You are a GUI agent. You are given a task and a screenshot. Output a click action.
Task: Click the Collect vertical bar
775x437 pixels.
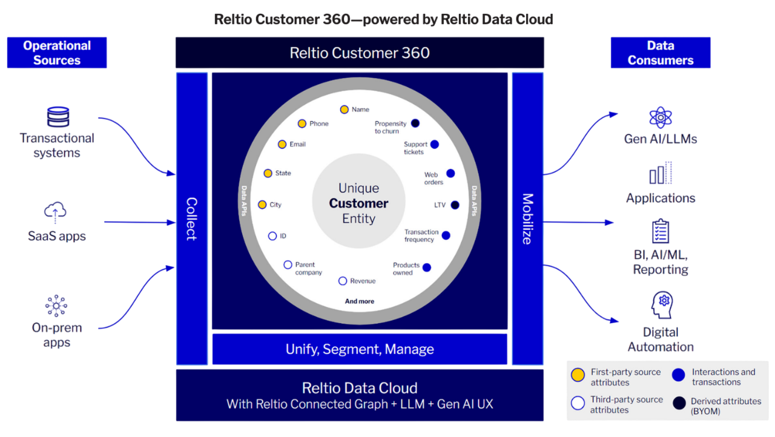pyautogui.click(x=191, y=218)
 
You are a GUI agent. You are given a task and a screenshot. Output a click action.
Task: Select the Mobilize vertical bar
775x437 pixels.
pyautogui.click(x=527, y=218)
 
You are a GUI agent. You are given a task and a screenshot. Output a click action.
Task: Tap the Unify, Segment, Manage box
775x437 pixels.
pyautogui.click(x=360, y=349)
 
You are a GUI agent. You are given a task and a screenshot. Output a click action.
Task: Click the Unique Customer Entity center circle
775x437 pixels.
pyautogui.click(x=359, y=203)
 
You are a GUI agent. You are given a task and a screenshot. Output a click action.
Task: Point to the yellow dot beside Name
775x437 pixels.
pyautogui.click(x=344, y=110)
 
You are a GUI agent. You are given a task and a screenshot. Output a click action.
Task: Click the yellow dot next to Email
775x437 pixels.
pyautogui.click(x=282, y=144)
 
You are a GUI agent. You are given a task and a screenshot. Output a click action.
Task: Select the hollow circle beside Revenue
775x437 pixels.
pyautogui.click(x=343, y=281)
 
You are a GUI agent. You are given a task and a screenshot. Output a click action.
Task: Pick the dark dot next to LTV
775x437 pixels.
pyautogui.click(x=455, y=205)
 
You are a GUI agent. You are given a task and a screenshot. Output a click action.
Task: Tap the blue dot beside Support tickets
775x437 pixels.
pyautogui.click(x=434, y=145)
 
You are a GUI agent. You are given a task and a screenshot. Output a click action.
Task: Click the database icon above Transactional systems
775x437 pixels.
pyautogui.click(x=58, y=117)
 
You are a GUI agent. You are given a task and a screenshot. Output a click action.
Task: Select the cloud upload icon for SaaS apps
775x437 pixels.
pyautogui.click(x=55, y=212)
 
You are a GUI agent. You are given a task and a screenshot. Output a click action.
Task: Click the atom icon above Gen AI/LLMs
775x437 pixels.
pyautogui.click(x=661, y=117)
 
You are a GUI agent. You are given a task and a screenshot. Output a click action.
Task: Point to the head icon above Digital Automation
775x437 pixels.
pyautogui.click(x=662, y=305)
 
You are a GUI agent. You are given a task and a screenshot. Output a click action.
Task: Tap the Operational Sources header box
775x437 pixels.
pyautogui.click(x=57, y=53)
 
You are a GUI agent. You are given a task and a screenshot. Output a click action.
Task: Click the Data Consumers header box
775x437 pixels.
pyautogui.click(x=661, y=53)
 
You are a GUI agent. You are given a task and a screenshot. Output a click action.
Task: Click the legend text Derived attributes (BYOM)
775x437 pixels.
pyautogui.click(x=725, y=406)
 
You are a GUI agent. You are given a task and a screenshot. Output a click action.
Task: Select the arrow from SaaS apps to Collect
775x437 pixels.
pyautogui.click(x=139, y=222)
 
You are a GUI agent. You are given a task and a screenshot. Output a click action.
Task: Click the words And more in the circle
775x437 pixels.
pyautogui.click(x=360, y=301)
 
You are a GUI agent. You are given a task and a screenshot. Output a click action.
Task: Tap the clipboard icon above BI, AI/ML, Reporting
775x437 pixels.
pyautogui.click(x=660, y=231)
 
